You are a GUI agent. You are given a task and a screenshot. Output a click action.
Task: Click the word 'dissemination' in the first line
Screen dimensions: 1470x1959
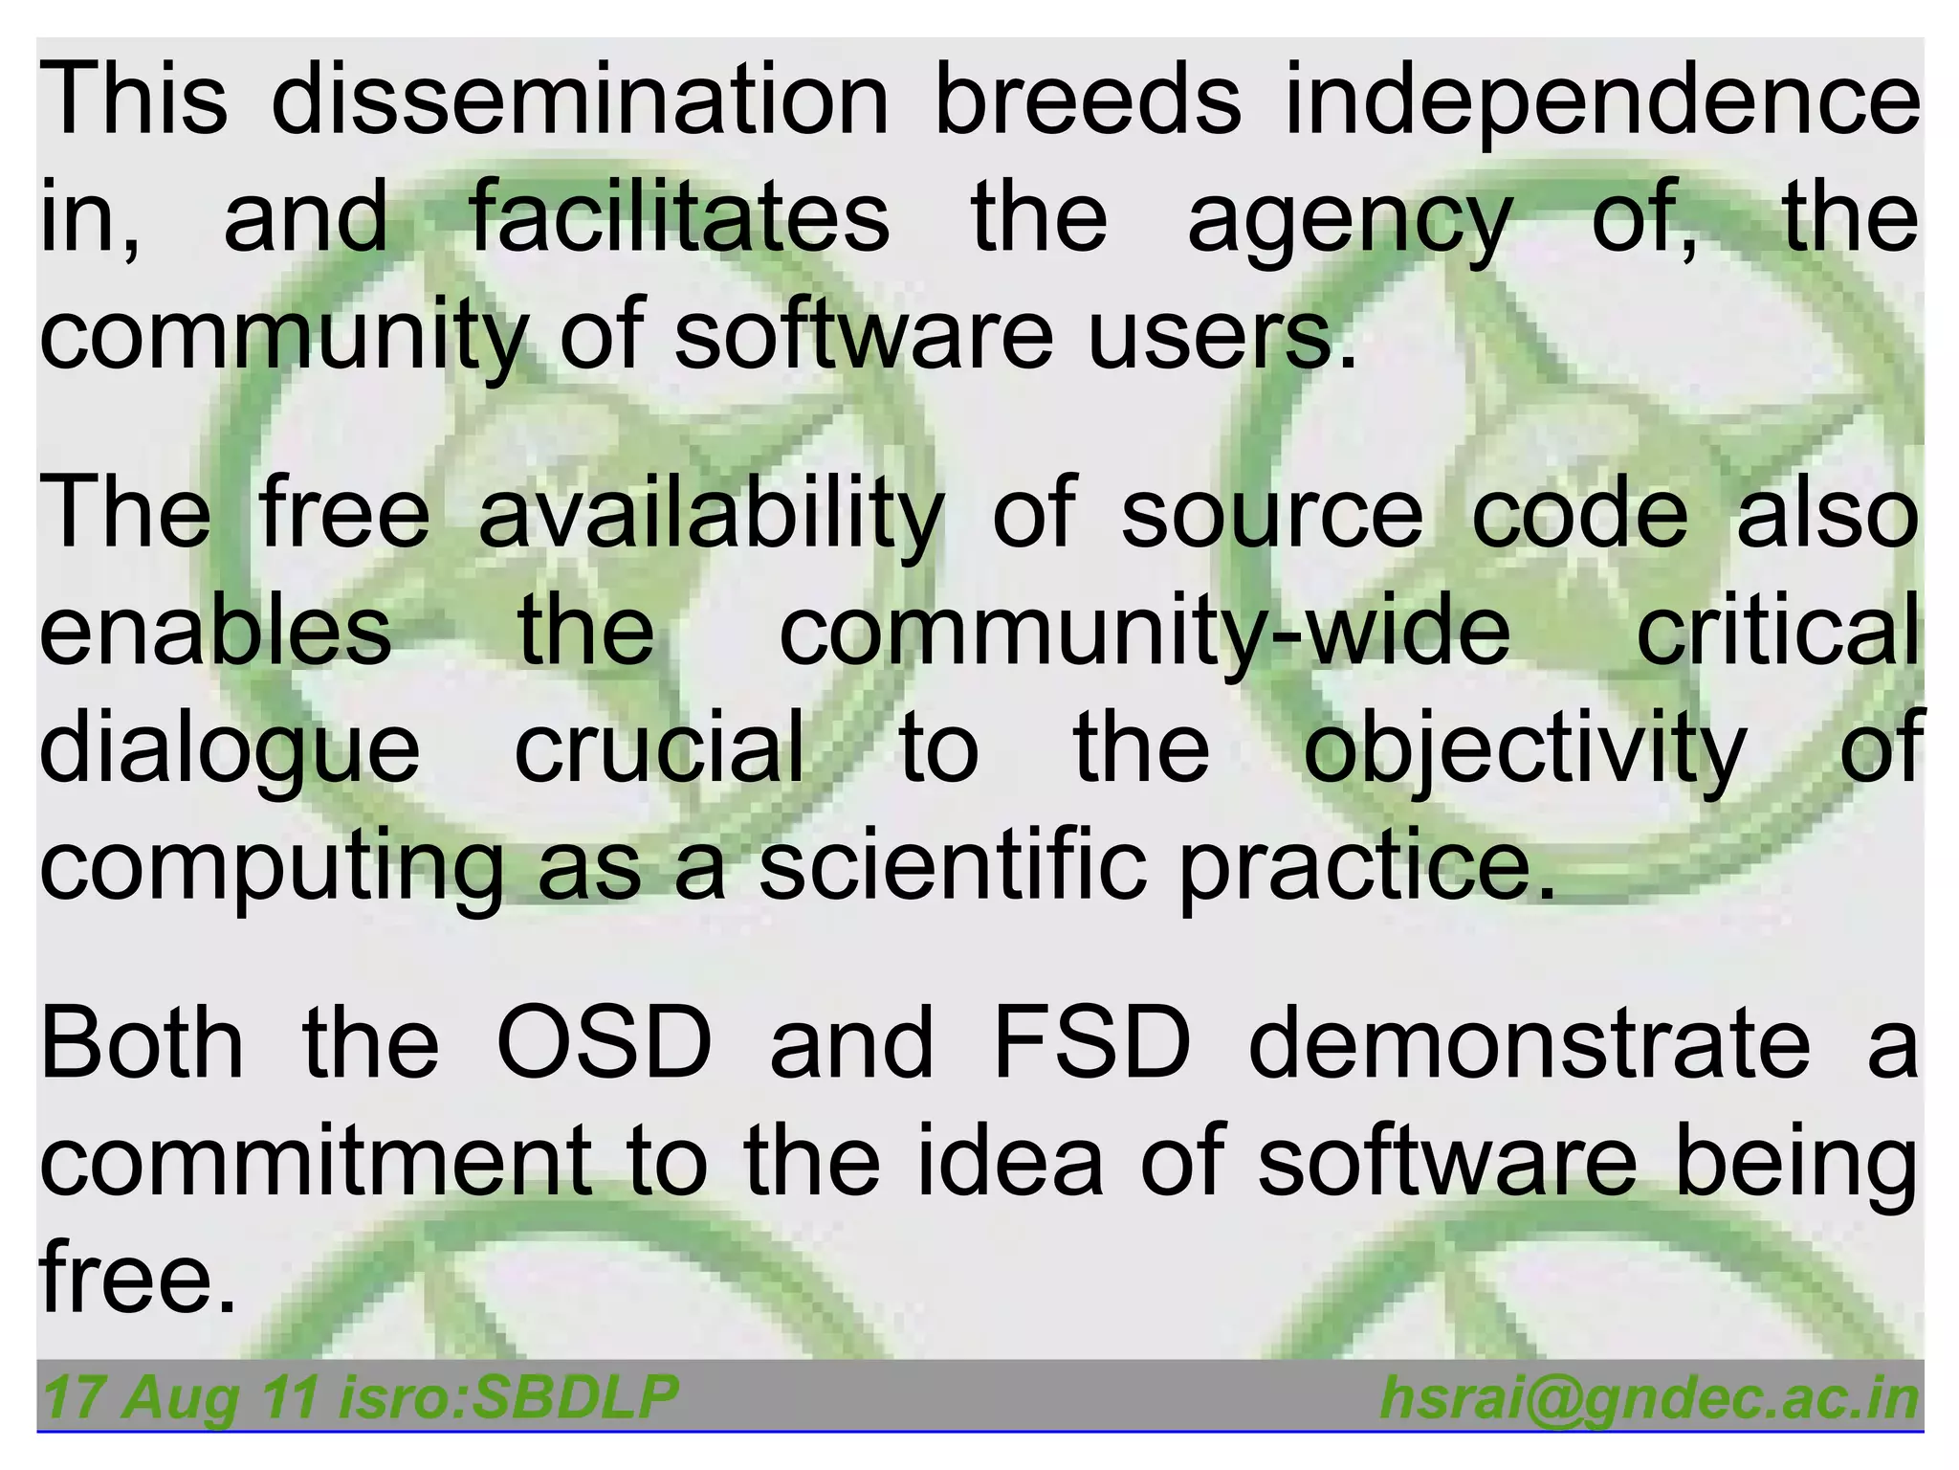(x=580, y=99)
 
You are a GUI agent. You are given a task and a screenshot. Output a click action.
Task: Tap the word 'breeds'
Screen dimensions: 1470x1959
(x=1087, y=99)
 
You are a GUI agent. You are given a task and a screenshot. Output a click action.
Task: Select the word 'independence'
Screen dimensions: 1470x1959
(x=1601, y=99)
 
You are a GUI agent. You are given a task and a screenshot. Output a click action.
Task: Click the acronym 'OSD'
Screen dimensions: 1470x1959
(x=605, y=1043)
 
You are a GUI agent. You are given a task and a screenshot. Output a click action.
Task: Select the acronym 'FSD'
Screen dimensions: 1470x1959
(x=1092, y=1043)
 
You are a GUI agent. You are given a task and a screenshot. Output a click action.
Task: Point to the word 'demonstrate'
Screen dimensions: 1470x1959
(x=1530, y=1043)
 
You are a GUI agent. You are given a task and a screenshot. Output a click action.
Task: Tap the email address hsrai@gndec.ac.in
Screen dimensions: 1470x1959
(x=1649, y=1398)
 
